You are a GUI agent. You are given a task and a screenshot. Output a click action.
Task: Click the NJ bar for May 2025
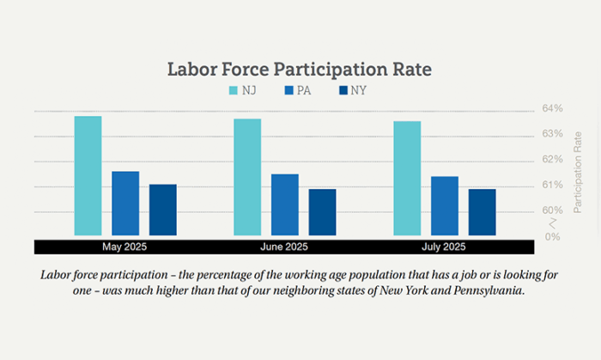88,175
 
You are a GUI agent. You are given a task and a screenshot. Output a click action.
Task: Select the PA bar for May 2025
125,204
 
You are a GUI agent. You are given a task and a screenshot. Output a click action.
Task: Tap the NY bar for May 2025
162,210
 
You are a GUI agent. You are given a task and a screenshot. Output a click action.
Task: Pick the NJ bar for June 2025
247,177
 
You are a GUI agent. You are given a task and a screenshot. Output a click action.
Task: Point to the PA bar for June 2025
285,204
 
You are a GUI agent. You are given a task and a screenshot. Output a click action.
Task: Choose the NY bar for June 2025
322,212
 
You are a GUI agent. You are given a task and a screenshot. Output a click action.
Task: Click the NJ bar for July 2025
407,178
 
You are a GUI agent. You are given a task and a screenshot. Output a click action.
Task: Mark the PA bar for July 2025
445,205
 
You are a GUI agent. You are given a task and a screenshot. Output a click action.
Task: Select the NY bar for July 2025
482,212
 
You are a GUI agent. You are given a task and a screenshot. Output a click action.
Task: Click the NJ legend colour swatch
234,90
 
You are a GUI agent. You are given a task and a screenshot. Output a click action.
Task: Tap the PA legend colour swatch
288,90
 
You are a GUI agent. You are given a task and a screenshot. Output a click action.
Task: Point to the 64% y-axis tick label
552,108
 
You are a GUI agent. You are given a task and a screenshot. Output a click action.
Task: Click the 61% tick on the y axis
552,185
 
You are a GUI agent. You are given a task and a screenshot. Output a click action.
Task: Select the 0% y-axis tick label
553,236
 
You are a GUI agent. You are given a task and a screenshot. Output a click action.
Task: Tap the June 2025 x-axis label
284,247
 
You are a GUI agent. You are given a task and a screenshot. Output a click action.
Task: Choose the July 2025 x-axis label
444,247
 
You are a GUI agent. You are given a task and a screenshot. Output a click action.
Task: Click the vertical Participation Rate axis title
578,172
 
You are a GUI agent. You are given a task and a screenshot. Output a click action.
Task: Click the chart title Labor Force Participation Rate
299,69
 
